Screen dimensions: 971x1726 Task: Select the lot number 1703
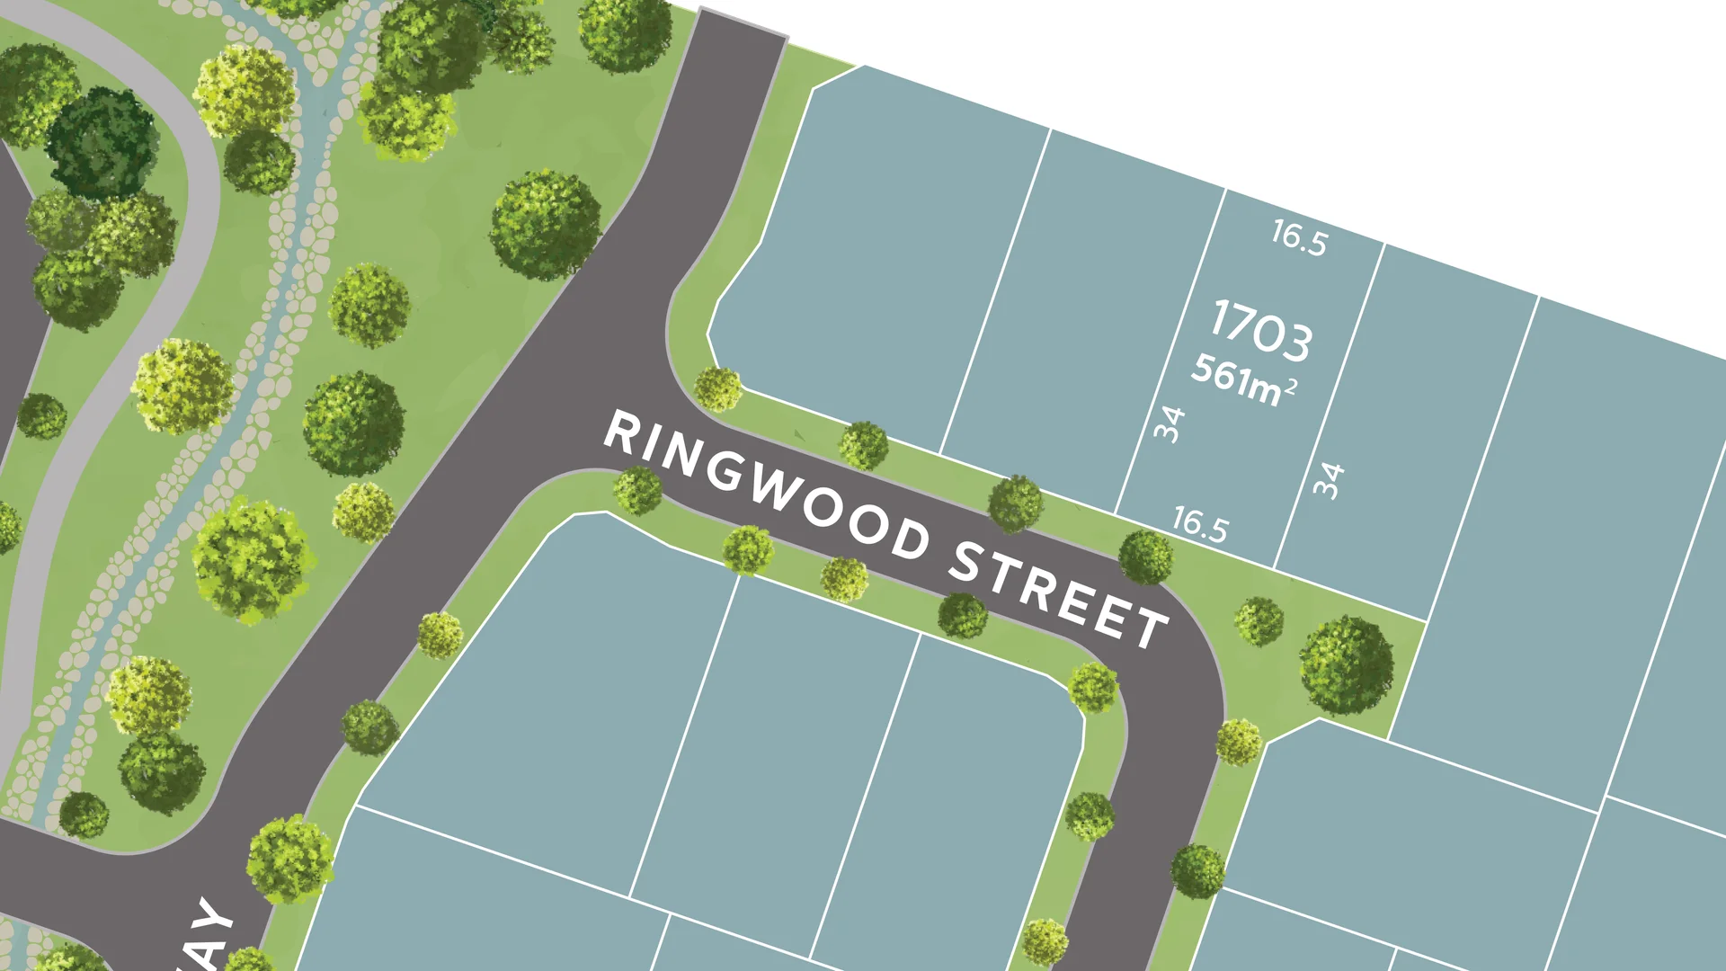1261,332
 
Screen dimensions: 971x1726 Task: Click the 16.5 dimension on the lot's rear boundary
1299,237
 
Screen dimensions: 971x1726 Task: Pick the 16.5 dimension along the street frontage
1200,524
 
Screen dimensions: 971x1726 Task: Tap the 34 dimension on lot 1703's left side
1170,423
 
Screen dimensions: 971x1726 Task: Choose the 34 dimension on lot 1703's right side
1329,480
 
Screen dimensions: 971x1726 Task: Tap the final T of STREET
1152,627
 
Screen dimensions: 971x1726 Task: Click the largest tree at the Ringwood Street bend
1346,665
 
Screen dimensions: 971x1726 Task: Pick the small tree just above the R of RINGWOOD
717,389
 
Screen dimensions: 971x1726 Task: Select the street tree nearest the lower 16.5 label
1145,557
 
